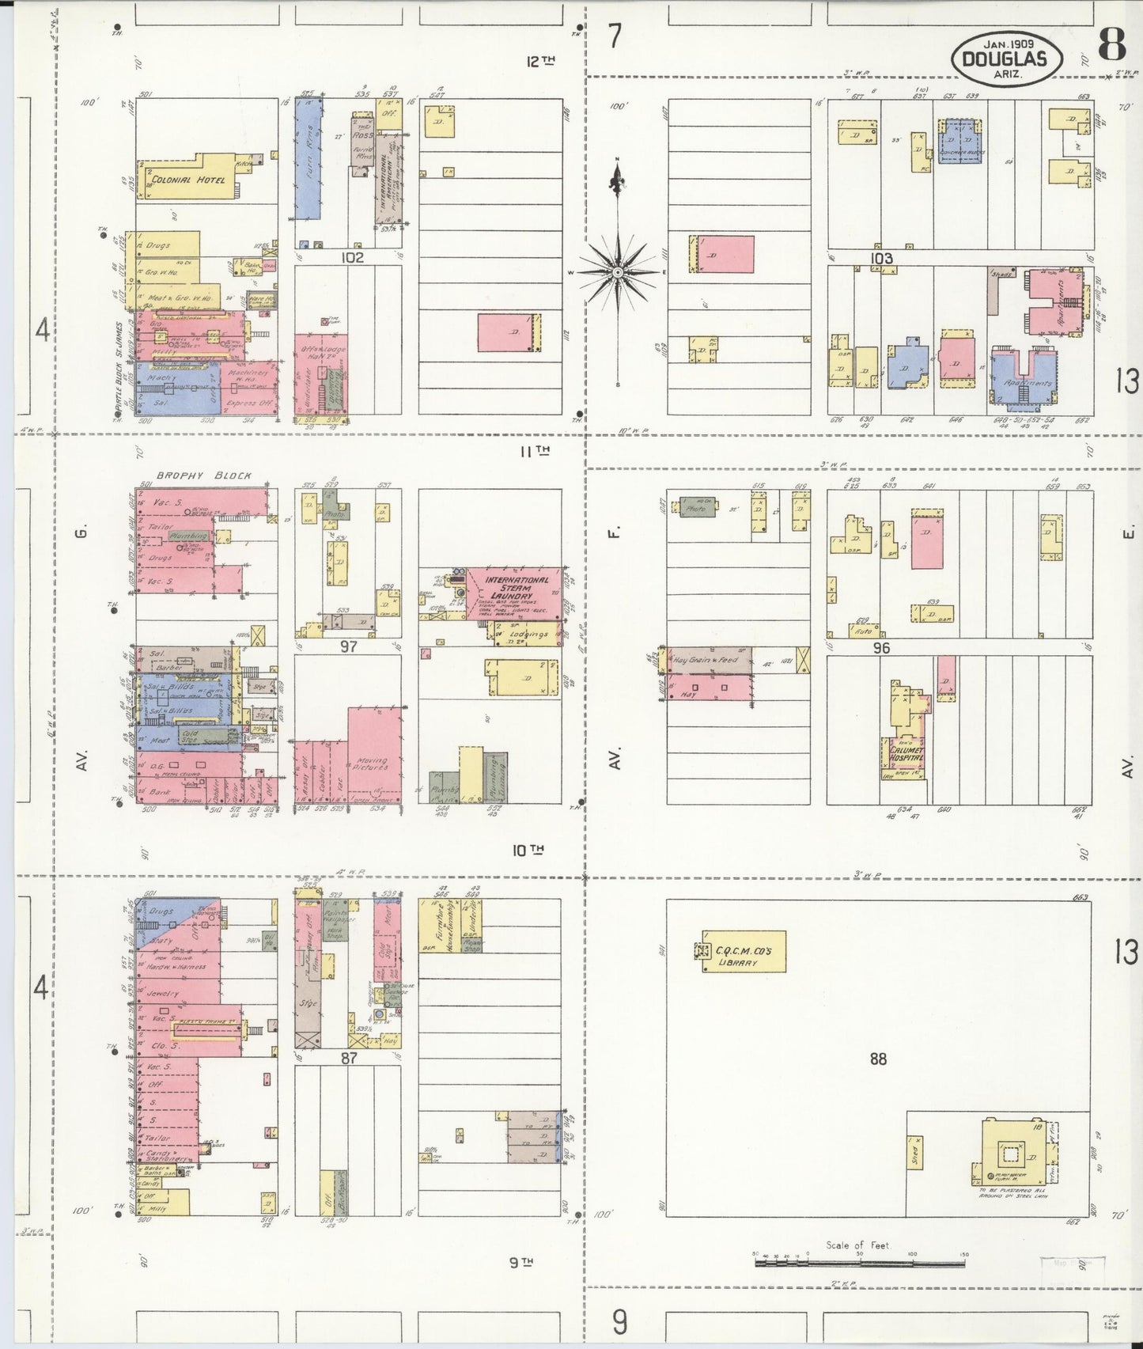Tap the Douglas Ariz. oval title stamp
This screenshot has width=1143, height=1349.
pyautogui.click(x=1002, y=59)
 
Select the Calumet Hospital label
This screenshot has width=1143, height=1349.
pyautogui.click(x=906, y=753)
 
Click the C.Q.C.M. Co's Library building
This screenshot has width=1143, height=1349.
pyautogui.click(x=744, y=951)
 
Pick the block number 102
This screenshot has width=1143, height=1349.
pyautogui.click(x=352, y=257)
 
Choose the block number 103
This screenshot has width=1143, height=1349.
pyautogui.click(x=881, y=258)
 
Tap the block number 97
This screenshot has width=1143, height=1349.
pyautogui.click(x=349, y=646)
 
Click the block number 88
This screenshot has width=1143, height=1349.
pyautogui.click(x=878, y=1059)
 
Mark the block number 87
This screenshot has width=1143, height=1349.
pyautogui.click(x=349, y=1057)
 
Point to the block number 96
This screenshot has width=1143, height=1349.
pyautogui.click(x=881, y=647)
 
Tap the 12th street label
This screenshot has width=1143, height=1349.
pyautogui.click(x=541, y=61)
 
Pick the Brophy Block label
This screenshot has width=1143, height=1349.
pyautogui.click(x=203, y=476)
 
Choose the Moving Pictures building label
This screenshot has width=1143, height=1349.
pyautogui.click(x=370, y=764)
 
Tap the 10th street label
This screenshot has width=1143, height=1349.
pyautogui.click(x=528, y=851)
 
